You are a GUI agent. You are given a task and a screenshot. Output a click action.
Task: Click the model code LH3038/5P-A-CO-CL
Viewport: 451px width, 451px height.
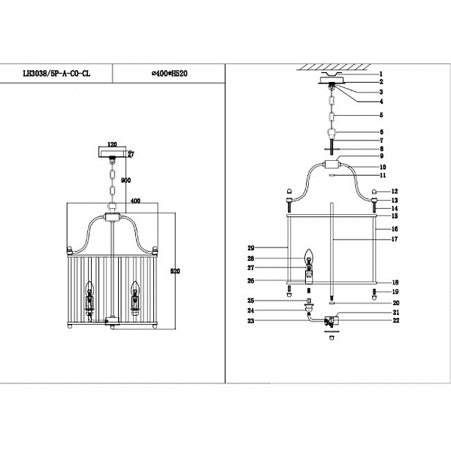(58, 74)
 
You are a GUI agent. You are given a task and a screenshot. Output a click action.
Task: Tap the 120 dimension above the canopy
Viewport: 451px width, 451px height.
(114, 142)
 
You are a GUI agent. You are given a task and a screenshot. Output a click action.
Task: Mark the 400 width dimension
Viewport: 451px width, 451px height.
(137, 201)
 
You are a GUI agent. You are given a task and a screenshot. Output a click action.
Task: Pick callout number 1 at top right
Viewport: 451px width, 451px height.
(382, 74)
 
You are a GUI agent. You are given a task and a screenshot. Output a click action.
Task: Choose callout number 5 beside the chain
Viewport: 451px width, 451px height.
(382, 115)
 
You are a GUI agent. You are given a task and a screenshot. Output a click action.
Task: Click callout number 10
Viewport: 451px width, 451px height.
(382, 167)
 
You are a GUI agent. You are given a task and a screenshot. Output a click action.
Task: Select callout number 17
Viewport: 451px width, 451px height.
(394, 240)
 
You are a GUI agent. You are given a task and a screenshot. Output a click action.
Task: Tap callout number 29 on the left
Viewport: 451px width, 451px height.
(250, 247)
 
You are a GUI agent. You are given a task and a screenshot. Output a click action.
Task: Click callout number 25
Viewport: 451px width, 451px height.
(250, 301)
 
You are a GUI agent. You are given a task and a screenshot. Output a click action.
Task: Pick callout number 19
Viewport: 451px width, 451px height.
(394, 292)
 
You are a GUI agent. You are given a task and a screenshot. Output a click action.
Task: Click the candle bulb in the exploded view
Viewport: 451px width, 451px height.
(307, 260)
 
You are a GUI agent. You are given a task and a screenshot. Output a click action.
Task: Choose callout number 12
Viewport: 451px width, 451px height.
(394, 192)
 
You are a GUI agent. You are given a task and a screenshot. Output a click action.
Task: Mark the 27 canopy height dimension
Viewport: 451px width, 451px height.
(130, 156)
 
